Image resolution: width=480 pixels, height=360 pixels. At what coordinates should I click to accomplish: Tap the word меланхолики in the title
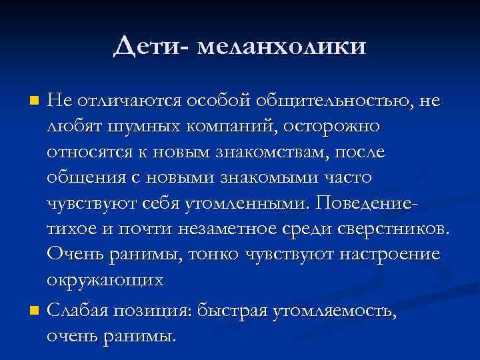(x=283, y=46)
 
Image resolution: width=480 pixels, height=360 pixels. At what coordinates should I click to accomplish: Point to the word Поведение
(x=373, y=203)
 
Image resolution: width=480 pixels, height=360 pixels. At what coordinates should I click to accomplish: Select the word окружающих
(x=105, y=280)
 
